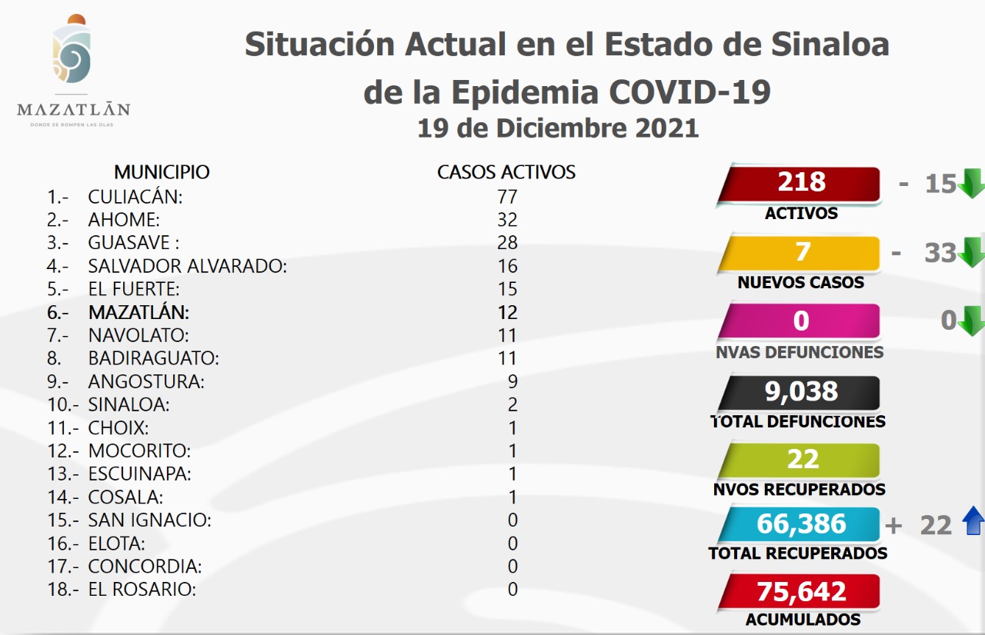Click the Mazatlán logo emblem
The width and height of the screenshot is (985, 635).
[x=72, y=54]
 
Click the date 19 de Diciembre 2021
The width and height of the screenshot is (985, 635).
[x=558, y=128]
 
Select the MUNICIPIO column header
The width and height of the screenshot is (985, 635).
[x=162, y=171]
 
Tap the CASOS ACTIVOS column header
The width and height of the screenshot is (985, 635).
[x=506, y=172]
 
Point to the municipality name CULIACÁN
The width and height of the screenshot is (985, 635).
[x=135, y=197]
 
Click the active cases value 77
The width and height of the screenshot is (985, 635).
[x=507, y=197]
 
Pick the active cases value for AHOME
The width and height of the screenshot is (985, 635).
[x=507, y=220]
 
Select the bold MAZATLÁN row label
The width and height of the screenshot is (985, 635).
[x=139, y=312]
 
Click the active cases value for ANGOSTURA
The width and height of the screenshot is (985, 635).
[x=513, y=381]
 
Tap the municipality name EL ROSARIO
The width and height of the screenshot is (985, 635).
[x=142, y=590]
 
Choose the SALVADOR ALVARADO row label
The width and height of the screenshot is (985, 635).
[x=187, y=266]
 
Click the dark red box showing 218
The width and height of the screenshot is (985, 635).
[x=800, y=183]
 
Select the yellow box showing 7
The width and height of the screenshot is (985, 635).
[x=800, y=253]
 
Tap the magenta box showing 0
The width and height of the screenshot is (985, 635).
[x=800, y=321]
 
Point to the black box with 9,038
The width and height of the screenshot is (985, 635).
[x=800, y=392]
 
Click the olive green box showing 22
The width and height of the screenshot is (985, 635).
[x=800, y=460]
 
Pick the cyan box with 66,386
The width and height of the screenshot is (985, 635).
[x=800, y=524]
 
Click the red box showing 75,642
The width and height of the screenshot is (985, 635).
[x=800, y=591]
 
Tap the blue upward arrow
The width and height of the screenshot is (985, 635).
[x=973, y=523]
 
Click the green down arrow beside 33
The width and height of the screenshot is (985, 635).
[x=972, y=251]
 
